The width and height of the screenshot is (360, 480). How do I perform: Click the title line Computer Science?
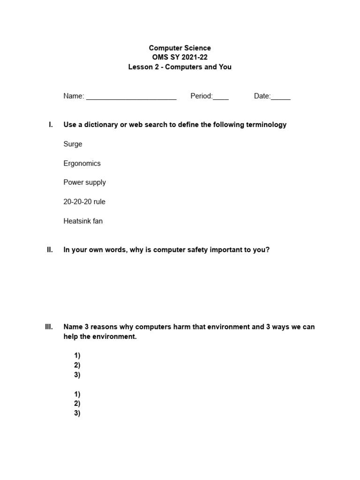pyautogui.click(x=180, y=48)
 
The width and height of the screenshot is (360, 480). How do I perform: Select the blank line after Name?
pyautogui.click(x=131, y=97)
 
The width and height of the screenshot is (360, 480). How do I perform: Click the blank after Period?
pyautogui.click(x=221, y=97)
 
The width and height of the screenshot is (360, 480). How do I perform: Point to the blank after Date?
pyautogui.click(x=281, y=97)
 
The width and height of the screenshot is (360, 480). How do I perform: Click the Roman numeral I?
pyautogui.click(x=51, y=125)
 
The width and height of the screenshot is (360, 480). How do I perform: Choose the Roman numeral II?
pyautogui.click(x=50, y=250)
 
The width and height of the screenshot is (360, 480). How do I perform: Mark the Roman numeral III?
pyautogui.click(x=49, y=327)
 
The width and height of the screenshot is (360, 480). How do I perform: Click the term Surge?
pyautogui.click(x=73, y=144)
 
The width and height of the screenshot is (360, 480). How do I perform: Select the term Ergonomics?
pyautogui.click(x=82, y=163)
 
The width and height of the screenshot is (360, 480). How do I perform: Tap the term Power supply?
pyautogui.click(x=84, y=182)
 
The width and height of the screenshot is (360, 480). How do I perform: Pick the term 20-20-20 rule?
pyautogui.click(x=84, y=202)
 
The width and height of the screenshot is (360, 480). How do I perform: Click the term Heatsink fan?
pyautogui.click(x=83, y=221)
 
